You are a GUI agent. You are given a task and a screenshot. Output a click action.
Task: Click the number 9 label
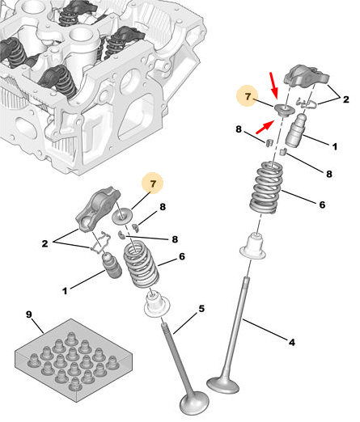(x=29, y=314)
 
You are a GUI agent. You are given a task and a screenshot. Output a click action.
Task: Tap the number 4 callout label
(x=292, y=342)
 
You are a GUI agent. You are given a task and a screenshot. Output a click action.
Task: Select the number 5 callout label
(x=201, y=309)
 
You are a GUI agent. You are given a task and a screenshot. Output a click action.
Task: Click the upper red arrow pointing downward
(x=274, y=85)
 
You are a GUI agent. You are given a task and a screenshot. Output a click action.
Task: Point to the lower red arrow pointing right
(x=265, y=127)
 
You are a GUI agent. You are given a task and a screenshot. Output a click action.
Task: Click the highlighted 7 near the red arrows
(x=248, y=96)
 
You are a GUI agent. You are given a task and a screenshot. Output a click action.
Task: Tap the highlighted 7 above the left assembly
(x=153, y=184)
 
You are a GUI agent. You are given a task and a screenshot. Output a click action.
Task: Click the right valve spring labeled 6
(x=266, y=187)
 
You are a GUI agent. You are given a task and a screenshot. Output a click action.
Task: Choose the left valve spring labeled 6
(x=141, y=264)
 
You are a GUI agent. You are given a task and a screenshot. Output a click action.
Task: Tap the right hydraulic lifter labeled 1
(x=296, y=130)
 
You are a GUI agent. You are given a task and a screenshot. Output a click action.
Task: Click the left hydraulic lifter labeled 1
(x=111, y=267)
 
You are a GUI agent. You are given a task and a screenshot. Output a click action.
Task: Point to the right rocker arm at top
(x=307, y=76)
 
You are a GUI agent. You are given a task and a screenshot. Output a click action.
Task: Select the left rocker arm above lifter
(x=97, y=209)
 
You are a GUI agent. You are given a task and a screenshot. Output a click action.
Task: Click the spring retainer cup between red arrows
(x=284, y=111)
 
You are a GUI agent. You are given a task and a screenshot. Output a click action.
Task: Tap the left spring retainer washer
(x=122, y=216)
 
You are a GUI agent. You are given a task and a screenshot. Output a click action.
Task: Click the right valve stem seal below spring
(x=253, y=247)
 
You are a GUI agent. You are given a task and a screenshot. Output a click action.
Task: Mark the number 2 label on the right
(x=345, y=99)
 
